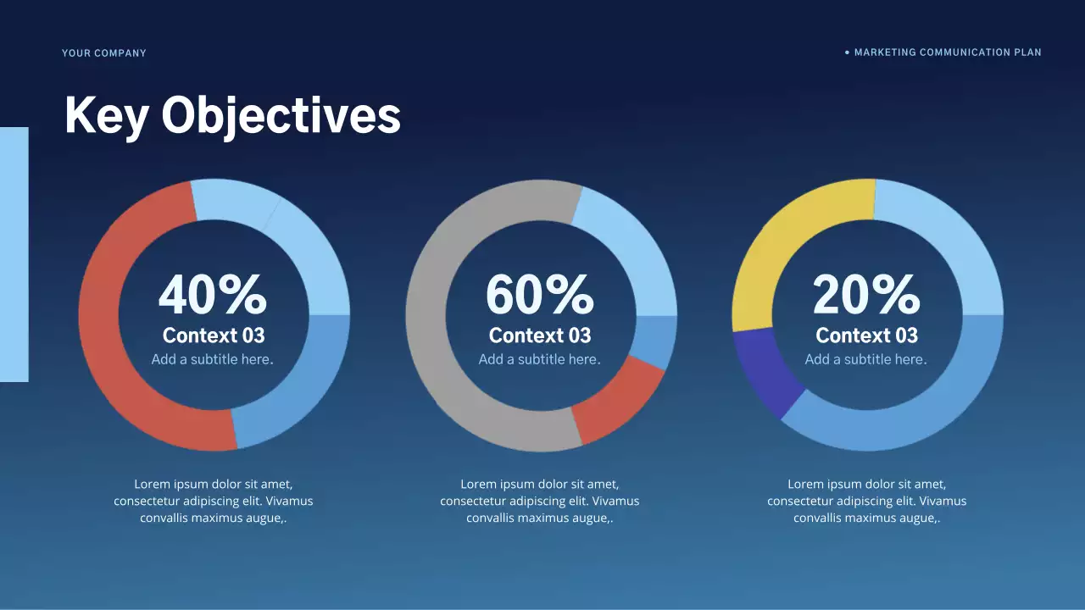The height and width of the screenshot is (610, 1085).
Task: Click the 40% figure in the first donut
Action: pyautogui.click(x=213, y=295)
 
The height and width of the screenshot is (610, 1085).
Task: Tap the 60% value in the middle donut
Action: pyautogui.click(x=539, y=295)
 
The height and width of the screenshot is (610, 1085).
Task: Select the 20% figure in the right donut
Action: pyautogui.click(x=865, y=295)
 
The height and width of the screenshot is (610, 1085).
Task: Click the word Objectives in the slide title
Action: pyautogui.click(x=281, y=115)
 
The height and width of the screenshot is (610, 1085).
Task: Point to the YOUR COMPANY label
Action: pyautogui.click(x=104, y=53)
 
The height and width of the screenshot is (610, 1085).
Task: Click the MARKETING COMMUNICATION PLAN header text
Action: pyautogui.click(x=948, y=53)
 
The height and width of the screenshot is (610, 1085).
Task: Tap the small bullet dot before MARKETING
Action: pyautogui.click(x=847, y=53)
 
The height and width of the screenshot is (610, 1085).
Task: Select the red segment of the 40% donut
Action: pyautogui.click(x=110, y=339)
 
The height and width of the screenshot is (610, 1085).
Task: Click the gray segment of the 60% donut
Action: pyautogui.click(x=441, y=339)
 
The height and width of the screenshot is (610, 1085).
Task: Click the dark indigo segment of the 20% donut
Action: pyautogui.click(x=763, y=373)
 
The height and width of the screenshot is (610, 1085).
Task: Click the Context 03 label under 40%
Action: pyautogui.click(x=214, y=335)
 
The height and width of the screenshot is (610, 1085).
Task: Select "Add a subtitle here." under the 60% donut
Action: pyautogui.click(x=539, y=359)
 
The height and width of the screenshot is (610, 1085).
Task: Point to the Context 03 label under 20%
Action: pyautogui.click(x=866, y=335)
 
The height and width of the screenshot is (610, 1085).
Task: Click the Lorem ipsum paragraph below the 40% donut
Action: pyautogui.click(x=214, y=501)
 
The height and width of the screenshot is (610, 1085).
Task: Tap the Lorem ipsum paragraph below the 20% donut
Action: pyautogui.click(x=866, y=501)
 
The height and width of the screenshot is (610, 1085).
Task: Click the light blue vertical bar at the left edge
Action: pyautogui.click(x=14, y=254)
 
